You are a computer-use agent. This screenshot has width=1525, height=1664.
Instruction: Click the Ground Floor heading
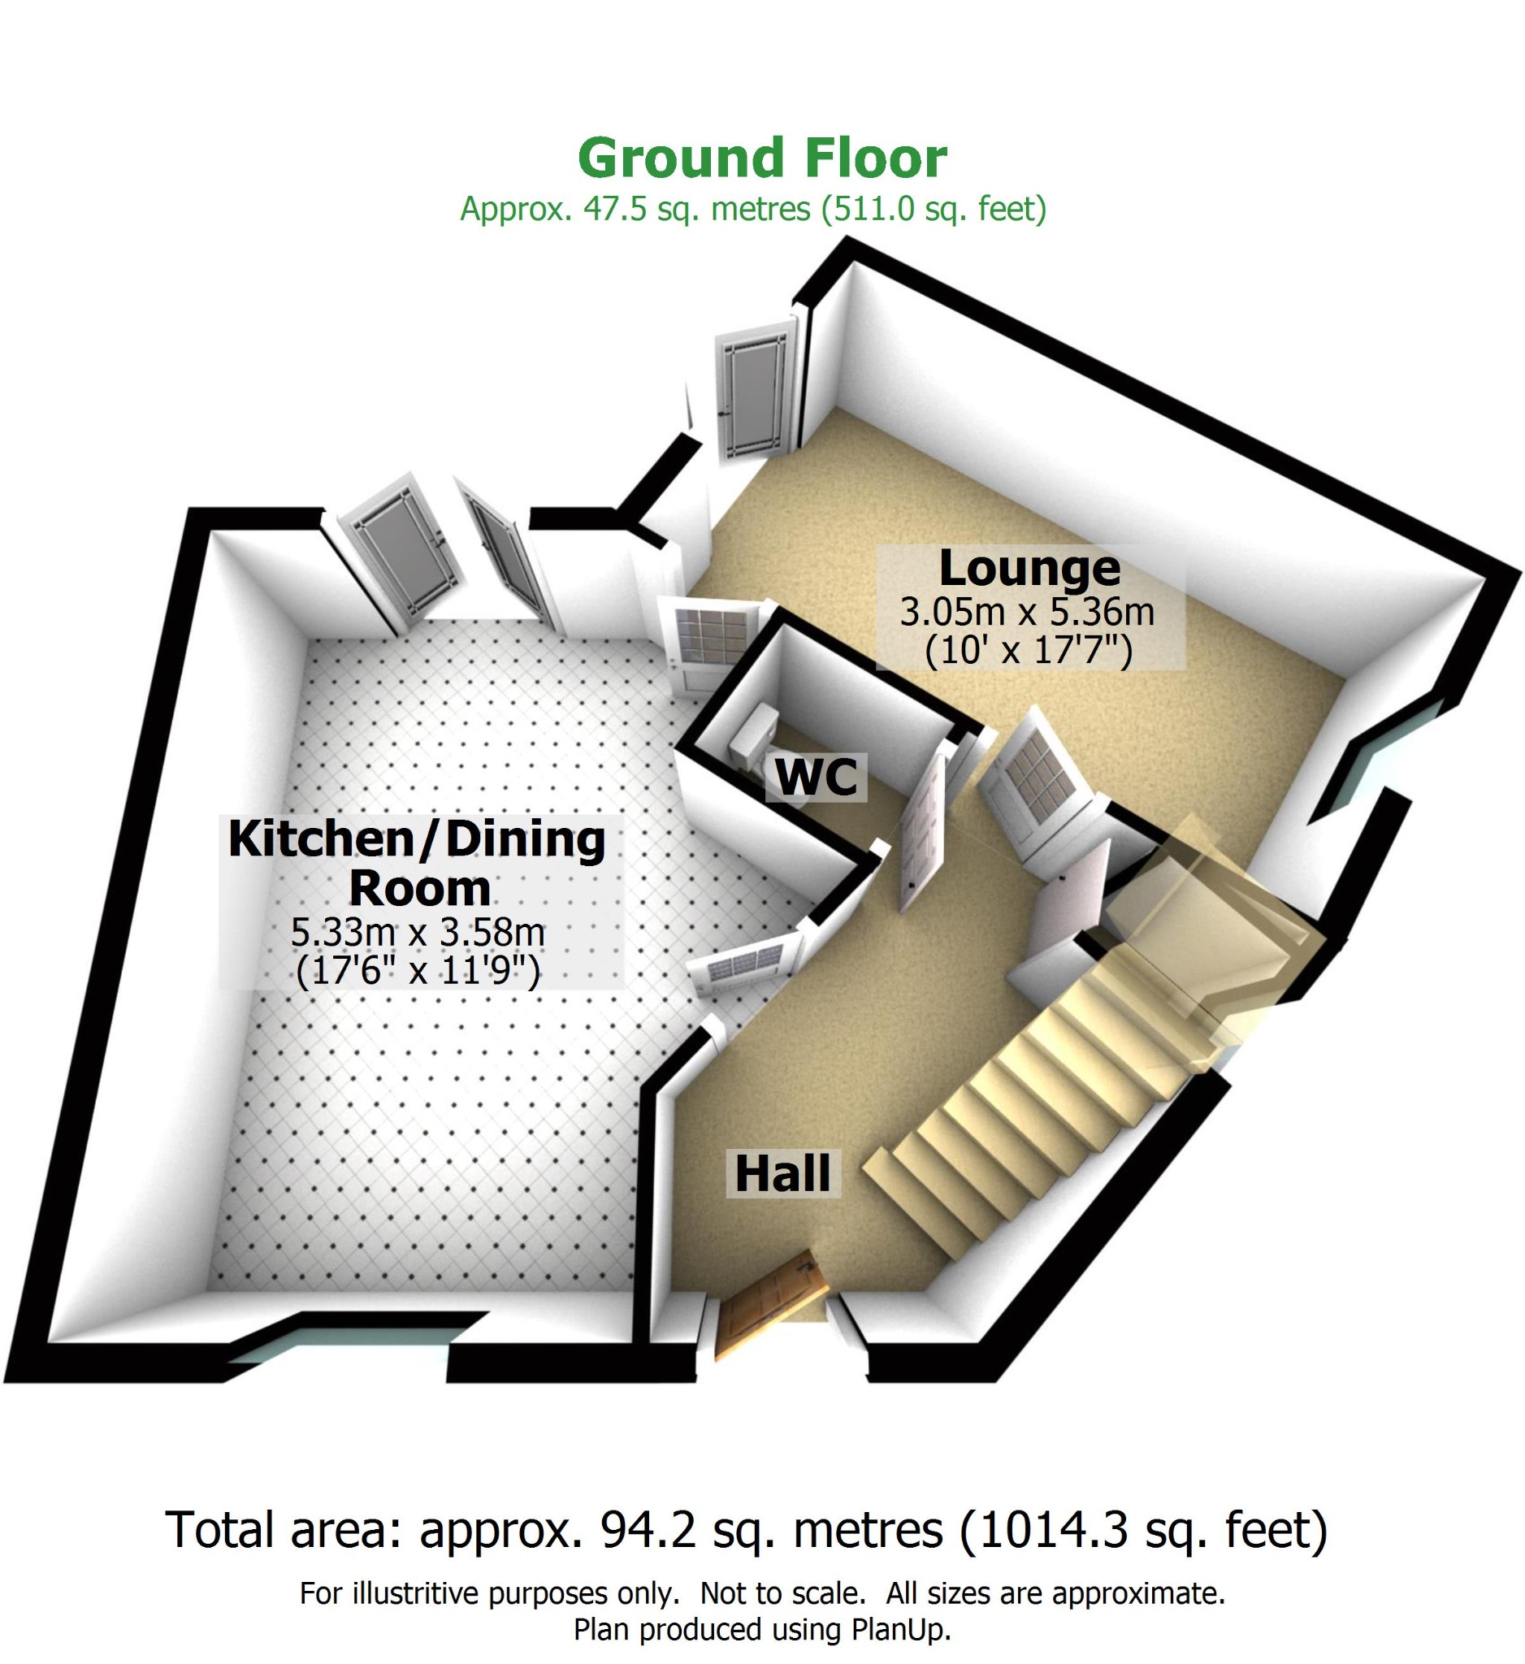pyautogui.click(x=761, y=158)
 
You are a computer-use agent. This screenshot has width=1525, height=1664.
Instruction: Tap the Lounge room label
pyautogui.click(x=1029, y=568)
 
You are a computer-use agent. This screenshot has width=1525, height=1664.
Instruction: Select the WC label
pyautogui.click(x=817, y=776)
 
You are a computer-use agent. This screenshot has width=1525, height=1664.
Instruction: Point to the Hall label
pyautogui.click(x=782, y=1174)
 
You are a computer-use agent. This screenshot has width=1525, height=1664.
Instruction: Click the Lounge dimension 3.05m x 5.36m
pyautogui.click(x=1027, y=612)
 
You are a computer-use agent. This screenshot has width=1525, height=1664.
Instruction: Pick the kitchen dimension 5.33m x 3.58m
pyautogui.click(x=418, y=932)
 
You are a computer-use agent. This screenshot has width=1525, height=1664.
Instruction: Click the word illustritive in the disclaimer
pyautogui.click(x=417, y=1593)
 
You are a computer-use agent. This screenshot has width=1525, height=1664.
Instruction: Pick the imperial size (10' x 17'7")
pyautogui.click(x=1029, y=651)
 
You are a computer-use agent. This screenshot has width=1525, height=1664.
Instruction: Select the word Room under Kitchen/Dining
pyautogui.click(x=420, y=888)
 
